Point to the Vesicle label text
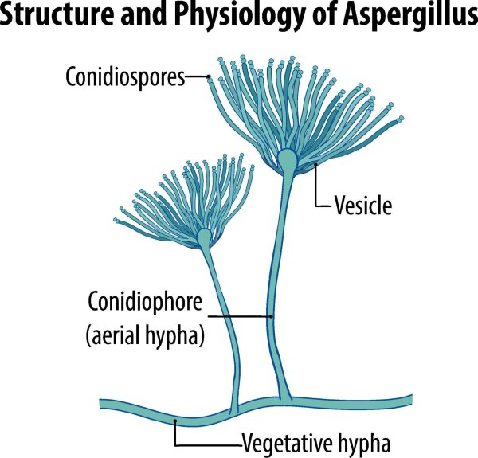pos(362,207)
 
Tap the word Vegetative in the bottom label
pos(283,439)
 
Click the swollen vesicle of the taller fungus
pos(288,162)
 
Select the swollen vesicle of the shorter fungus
pos(205,237)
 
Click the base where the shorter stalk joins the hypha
pos(233,409)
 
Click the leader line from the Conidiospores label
pos(197,77)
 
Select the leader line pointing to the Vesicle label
pos(319,191)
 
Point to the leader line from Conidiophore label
pos(239,316)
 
